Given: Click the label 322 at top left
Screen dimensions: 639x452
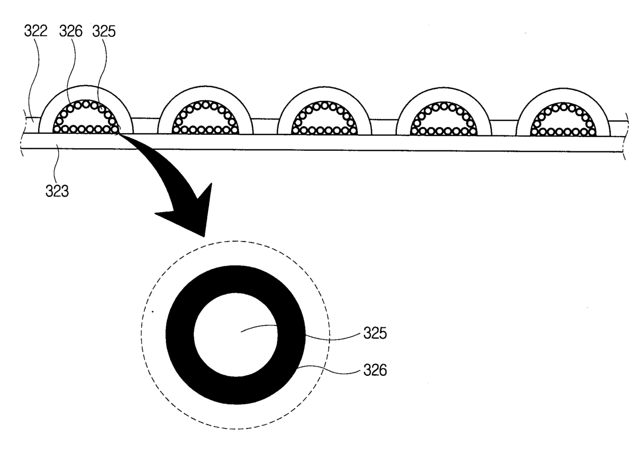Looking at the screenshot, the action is (36, 31).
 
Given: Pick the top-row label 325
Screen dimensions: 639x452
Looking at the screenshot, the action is (104, 31).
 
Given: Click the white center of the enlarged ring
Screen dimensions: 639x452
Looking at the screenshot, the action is (236, 334).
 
